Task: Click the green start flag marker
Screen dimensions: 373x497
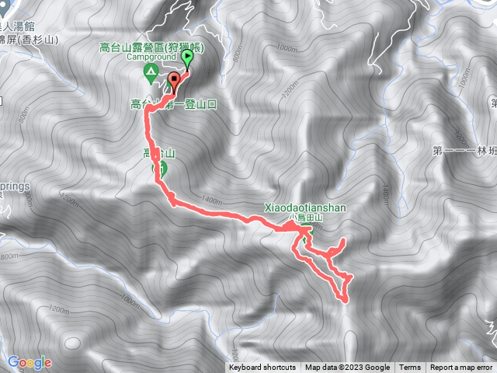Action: tap(188, 58)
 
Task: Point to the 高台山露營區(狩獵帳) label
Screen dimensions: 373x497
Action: tap(151, 47)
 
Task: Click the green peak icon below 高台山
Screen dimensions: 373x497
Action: tap(164, 168)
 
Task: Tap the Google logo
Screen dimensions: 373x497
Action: tap(29, 362)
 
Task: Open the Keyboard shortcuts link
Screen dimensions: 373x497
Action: tap(262, 368)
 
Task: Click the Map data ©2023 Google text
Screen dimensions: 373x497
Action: tap(347, 368)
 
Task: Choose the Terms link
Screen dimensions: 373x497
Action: tap(410, 368)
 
